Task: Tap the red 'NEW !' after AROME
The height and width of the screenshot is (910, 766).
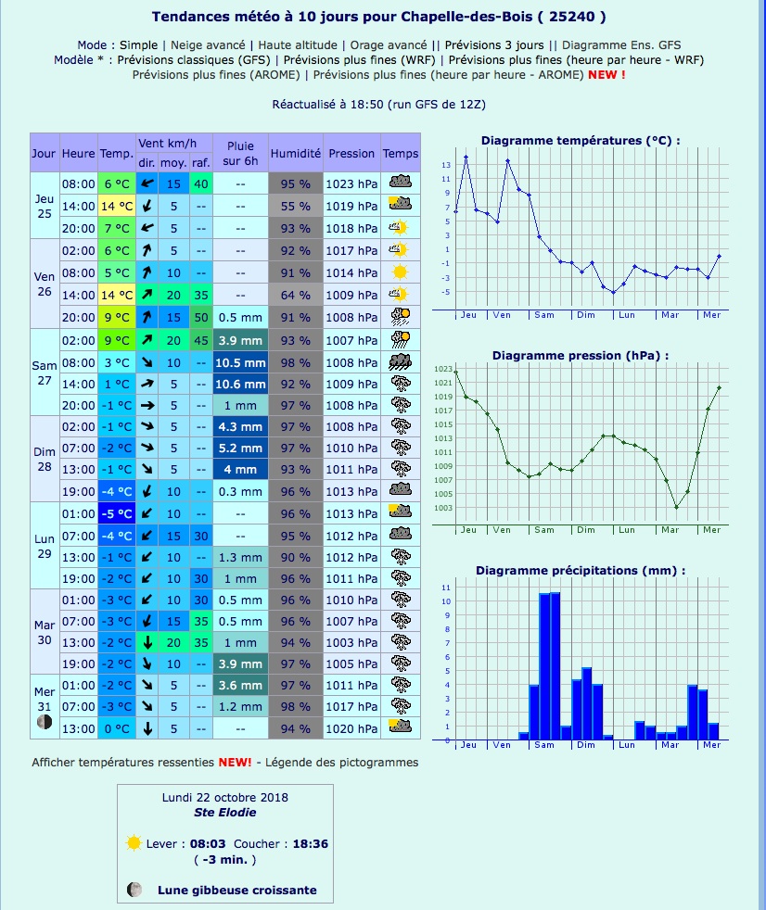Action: pos(606,74)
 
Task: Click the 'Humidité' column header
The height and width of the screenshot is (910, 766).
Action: pos(296,153)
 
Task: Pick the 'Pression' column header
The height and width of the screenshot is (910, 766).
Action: pos(351,153)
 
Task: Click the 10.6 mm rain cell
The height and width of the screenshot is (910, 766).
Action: pos(240,384)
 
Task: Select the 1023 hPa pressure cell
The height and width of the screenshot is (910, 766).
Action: pos(351,183)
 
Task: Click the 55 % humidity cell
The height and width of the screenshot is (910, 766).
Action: pos(296,206)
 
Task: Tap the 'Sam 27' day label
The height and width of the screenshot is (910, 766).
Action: pos(45,373)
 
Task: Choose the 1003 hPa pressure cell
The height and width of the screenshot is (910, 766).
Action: pos(351,642)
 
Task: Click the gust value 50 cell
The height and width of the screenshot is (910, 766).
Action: pos(200,317)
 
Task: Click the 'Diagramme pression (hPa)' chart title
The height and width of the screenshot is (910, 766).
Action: pos(580,355)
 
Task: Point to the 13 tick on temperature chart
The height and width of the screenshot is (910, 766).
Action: pos(446,165)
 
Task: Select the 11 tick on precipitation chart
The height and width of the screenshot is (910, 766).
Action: pos(446,588)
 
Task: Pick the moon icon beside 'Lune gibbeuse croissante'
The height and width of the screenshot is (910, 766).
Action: pos(135,890)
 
